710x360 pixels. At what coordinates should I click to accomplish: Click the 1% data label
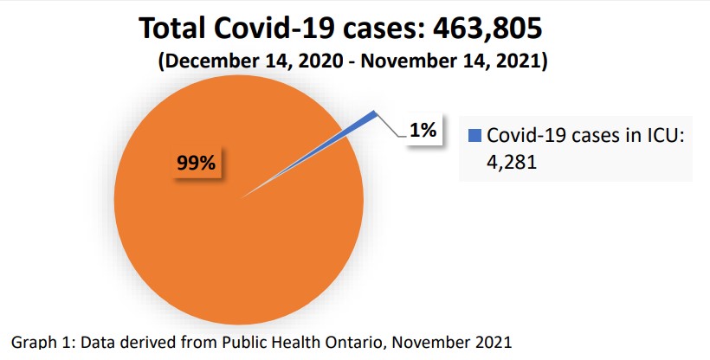423,131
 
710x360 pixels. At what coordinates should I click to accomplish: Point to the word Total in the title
177,29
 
